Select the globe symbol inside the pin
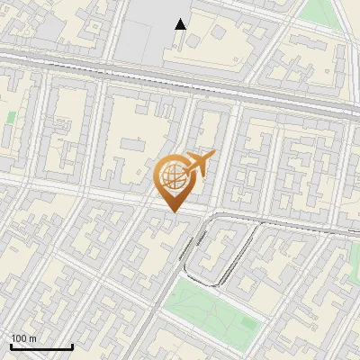click(x=174, y=176)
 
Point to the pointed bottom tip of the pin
click(x=175, y=211)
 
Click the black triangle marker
click(x=181, y=24)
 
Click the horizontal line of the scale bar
click(x=41, y=346)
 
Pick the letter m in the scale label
click(x=33, y=338)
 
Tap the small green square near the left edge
click(x=11, y=118)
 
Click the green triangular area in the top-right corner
click(x=319, y=11)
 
